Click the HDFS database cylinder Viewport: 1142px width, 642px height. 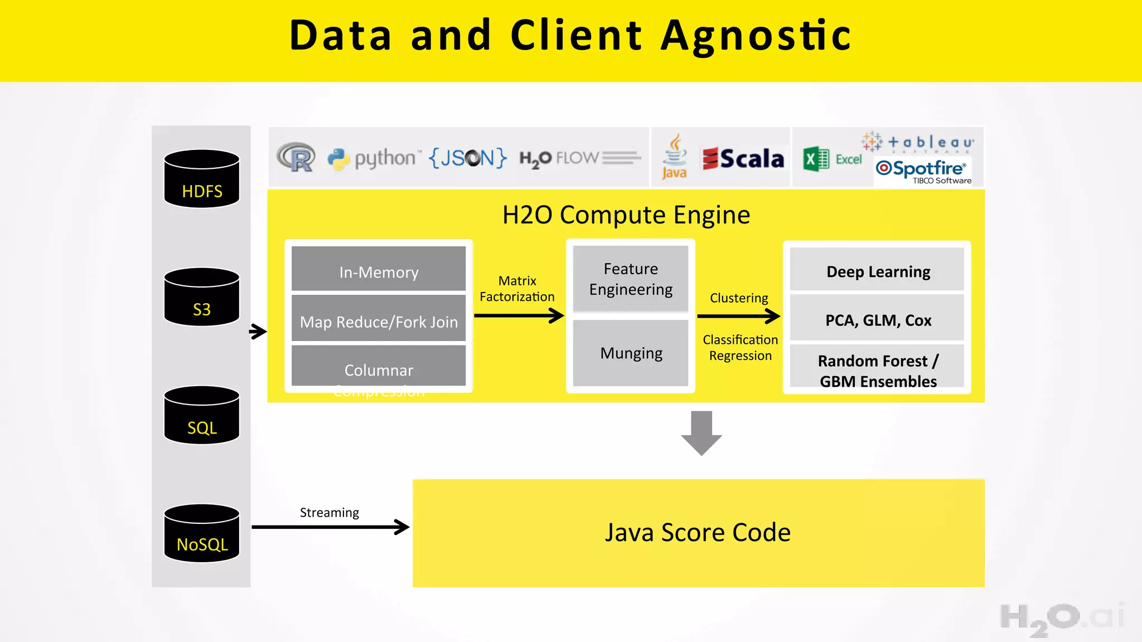(x=202, y=179)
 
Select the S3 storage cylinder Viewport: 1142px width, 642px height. (x=202, y=297)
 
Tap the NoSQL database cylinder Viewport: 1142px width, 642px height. (x=202, y=533)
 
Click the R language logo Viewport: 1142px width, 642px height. (x=296, y=158)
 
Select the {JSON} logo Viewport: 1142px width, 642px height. (x=467, y=158)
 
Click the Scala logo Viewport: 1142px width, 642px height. (x=743, y=159)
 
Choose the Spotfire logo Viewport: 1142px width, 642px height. (x=923, y=171)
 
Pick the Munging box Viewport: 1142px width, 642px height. (x=631, y=353)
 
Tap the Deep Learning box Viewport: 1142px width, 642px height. (x=878, y=271)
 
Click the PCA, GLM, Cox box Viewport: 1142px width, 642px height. (x=878, y=319)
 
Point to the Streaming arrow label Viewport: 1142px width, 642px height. (x=329, y=512)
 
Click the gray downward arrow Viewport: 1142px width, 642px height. (x=701, y=432)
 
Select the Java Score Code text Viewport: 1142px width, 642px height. (x=698, y=532)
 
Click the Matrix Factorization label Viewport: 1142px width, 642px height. (x=517, y=289)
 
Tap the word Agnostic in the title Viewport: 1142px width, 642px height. (x=756, y=36)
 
